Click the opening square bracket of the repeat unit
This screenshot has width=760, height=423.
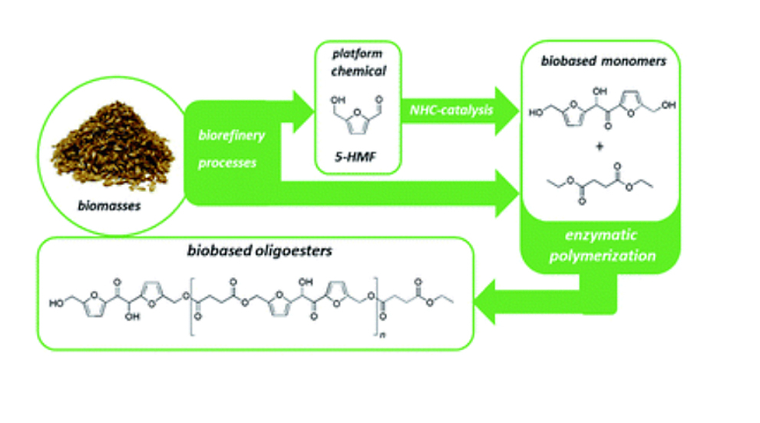[x=190, y=299]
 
